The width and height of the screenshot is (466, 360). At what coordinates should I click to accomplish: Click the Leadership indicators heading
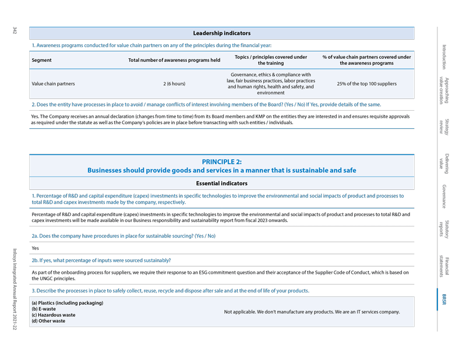(221, 33)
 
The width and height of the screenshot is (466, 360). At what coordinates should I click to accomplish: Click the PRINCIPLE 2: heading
(221, 161)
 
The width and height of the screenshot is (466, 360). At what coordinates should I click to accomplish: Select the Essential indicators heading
(221, 183)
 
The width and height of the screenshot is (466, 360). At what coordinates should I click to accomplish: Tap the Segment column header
(41, 60)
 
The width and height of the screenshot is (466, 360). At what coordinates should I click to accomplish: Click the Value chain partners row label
(53, 84)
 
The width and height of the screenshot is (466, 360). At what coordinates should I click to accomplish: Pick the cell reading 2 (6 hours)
(174, 84)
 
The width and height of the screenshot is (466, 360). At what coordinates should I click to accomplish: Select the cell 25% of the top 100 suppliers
(366, 84)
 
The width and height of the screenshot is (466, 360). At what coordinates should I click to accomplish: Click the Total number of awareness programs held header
(174, 60)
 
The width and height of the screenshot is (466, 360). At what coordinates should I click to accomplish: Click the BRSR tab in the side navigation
(444, 299)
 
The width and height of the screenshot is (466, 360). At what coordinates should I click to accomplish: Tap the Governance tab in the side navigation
(444, 196)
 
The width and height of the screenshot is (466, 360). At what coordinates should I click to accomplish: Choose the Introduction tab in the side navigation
(444, 57)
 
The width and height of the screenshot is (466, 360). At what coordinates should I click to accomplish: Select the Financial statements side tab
(444, 267)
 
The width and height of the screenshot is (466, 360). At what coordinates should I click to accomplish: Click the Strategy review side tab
(444, 126)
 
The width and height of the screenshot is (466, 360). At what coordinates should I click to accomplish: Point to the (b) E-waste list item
(44, 309)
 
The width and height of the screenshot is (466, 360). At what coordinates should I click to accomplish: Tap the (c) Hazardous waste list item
(53, 315)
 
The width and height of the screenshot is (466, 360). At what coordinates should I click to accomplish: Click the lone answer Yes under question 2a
(35, 248)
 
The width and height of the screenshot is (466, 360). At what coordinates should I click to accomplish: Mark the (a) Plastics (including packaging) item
(67, 303)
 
